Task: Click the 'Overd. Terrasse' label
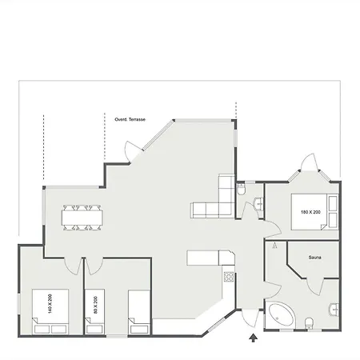tap(130, 119)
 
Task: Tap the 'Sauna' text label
tap(314, 258)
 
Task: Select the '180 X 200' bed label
tap(310, 212)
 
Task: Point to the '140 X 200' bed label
tap(50, 303)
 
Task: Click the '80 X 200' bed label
tap(95, 305)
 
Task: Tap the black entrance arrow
tap(253, 338)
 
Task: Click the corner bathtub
tap(281, 315)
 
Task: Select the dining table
tap(82, 218)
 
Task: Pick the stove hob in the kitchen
tap(229, 277)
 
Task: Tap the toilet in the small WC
tap(242, 189)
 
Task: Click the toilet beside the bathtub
tap(309, 323)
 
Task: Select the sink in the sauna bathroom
tap(334, 310)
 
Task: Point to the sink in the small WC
tap(259, 204)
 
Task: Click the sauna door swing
tap(314, 287)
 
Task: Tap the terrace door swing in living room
tap(129, 150)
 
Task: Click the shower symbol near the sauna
tap(275, 246)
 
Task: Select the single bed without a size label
tap(139, 312)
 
